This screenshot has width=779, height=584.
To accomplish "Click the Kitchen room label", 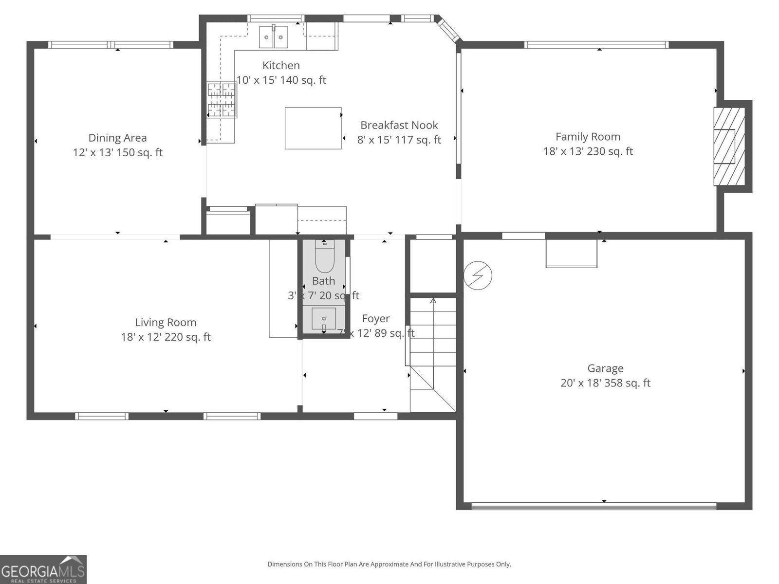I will (x=281, y=65).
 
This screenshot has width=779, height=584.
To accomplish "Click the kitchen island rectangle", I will (x=313, y=128).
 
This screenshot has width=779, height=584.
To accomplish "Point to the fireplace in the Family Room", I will (x=729, y=146).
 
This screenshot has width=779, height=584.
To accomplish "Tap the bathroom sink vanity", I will (x=324, y=319).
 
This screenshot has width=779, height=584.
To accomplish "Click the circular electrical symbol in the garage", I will (x=478, y=276).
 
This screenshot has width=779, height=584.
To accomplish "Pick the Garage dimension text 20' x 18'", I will (x=605, y=383).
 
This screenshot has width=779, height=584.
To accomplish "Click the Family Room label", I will (x=588, y=137).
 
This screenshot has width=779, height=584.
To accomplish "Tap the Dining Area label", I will (x=117, y=138).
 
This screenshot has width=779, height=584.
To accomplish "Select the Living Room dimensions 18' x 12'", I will (x=166, y=337).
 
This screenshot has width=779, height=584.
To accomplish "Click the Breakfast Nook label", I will (x=399, y=125).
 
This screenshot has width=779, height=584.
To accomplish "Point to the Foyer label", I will (x=375, y=318).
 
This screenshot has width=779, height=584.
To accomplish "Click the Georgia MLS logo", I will (x=43, y=569).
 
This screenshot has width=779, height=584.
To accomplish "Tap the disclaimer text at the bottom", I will (x=389, y=565).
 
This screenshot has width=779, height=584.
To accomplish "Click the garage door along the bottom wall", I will (x=594, y=506).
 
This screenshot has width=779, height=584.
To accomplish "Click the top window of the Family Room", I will (x=596, y=45).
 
